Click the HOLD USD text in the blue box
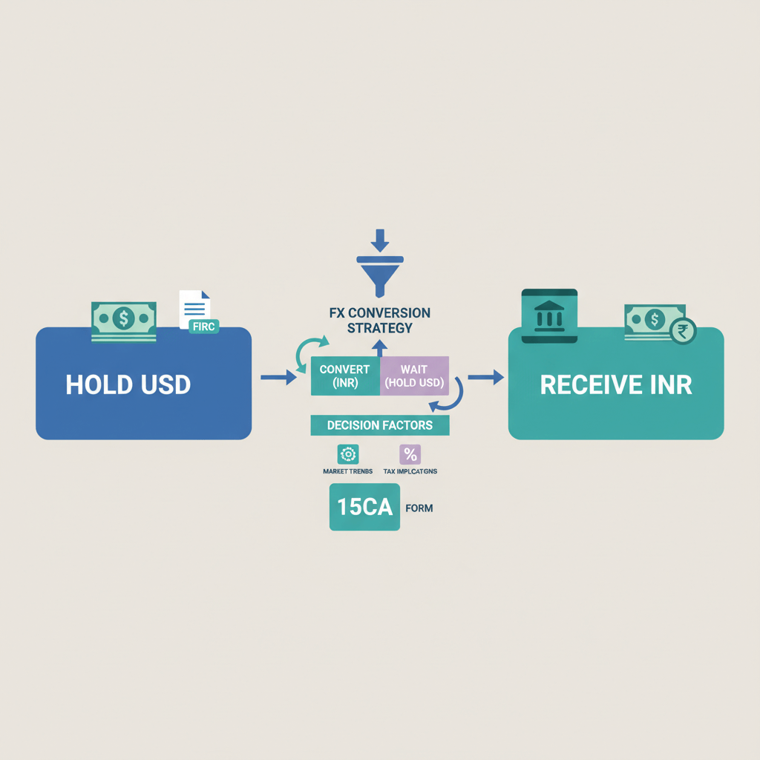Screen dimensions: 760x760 [128, 384]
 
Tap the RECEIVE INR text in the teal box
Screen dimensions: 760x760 [615, 384]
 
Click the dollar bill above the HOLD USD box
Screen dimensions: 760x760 [123, 320]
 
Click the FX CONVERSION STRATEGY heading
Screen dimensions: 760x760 [380, 320]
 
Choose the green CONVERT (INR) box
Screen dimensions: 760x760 [344, 376]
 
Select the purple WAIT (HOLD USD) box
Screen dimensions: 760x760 [414, 376]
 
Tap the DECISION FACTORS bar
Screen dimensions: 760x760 [380, 425]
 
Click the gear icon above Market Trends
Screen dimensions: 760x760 [348, 453]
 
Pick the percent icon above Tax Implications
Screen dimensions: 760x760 [410, 453]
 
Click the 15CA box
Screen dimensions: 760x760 [364, 508]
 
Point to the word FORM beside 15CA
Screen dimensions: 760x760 [420, 508]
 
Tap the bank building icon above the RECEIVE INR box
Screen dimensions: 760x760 [549, 315]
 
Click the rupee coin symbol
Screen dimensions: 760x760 [682, 332]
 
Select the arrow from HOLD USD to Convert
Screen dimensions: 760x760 [278, 379]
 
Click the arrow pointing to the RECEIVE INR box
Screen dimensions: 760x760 [485, 378]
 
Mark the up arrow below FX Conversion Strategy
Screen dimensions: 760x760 [380, 347]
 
